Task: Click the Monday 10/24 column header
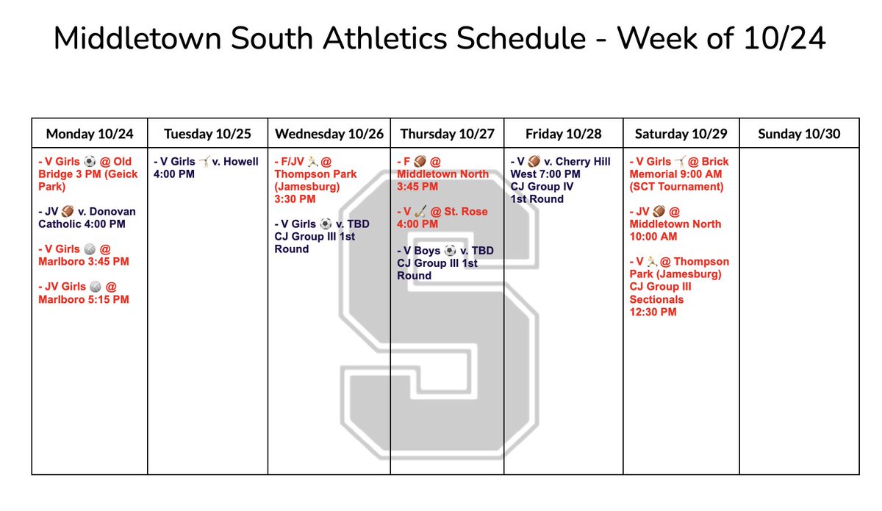[90, 134]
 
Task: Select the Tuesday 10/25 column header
[207, 134]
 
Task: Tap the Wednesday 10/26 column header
[329, 134]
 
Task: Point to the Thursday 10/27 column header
[447, 134]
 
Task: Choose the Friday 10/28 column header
[564, 134]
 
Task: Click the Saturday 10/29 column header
[681, 134]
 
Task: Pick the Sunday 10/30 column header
[800, 134]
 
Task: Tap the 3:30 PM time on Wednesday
[296, 199]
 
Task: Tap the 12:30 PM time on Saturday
[653, 312]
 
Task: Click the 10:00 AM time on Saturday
[653, 237]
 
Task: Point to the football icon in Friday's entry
[534, 162]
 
